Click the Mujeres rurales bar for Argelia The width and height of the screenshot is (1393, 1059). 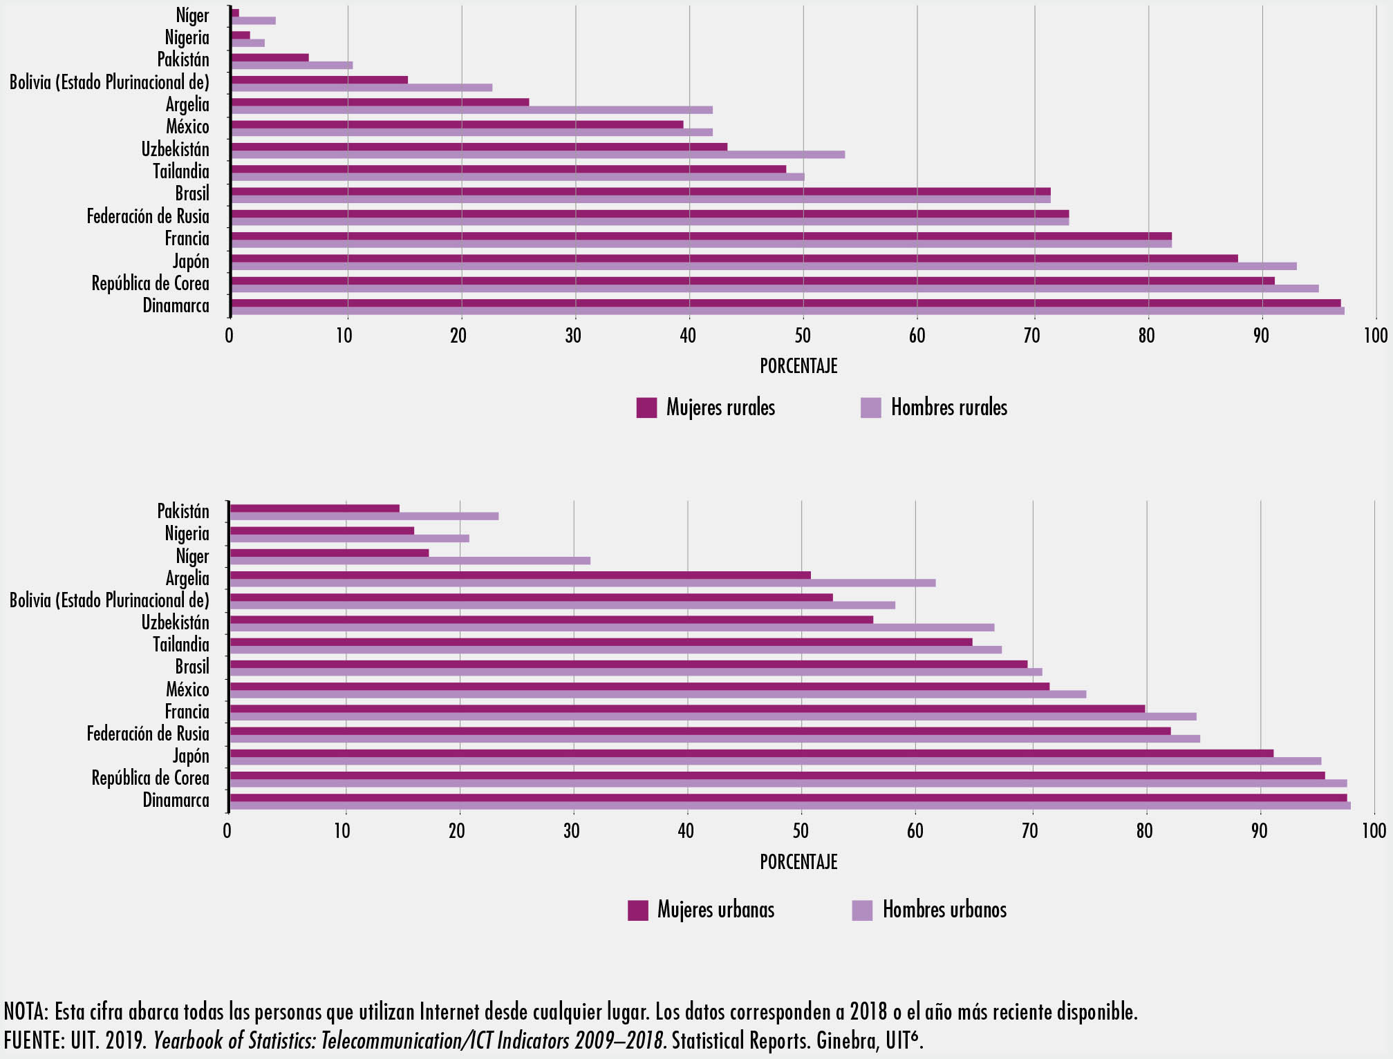coord(380,102)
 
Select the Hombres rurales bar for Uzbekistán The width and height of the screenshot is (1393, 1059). coord(537,155)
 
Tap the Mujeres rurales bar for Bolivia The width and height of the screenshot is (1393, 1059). coord(319,79)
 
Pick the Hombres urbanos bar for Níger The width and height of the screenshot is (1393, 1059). coord(409,560)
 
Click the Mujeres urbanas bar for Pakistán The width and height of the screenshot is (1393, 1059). coord(315,508)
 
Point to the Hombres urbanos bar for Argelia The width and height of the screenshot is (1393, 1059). coord(582,583)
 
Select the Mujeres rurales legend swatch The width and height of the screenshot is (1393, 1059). coord(646,408)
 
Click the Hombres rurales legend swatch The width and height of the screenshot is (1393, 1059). coord(871,408)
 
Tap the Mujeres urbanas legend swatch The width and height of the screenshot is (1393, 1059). coord(638,910)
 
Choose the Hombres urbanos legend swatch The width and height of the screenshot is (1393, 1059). coord(862,910)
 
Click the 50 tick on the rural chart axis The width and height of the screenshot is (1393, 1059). coord(802,336)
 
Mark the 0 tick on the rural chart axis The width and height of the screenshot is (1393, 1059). coord(230,336)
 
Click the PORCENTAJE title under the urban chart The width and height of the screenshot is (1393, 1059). coord(798,862)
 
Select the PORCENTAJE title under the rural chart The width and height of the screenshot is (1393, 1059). coord(798,366)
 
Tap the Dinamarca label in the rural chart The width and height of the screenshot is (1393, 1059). coord(176,305)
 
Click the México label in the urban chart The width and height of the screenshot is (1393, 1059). coord(187,689)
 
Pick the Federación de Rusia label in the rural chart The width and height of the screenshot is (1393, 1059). coord(148,216)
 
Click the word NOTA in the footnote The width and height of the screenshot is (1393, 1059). coord(25,1012)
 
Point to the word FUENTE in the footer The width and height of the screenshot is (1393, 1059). coord(32,1040)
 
